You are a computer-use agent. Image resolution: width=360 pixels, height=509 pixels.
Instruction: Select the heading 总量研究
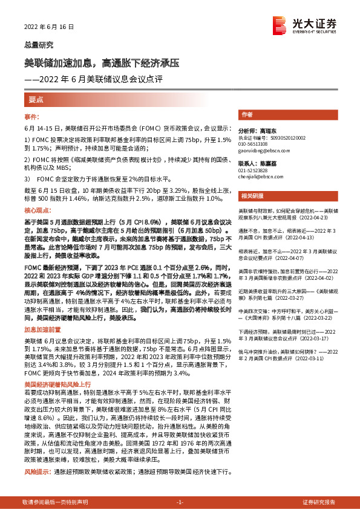pyautogui.click(x=39, y=45)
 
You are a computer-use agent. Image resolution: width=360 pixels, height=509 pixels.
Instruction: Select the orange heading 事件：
pyautogui.click(x=32, y=116)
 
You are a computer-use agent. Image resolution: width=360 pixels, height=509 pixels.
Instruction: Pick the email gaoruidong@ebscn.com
pyautogui.click(x=263, y=151)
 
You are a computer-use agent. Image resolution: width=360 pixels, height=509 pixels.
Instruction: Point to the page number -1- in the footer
pyautogui.click(x=180, y=502)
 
